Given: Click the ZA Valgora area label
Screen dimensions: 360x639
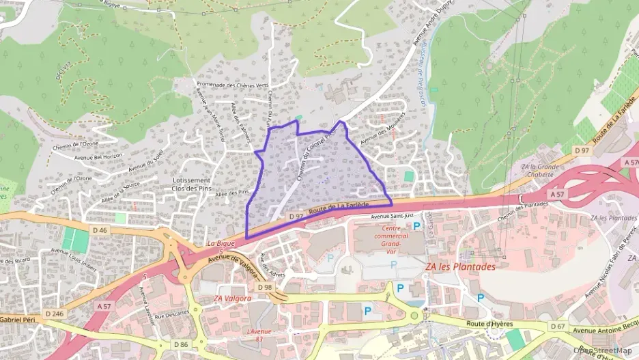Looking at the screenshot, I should pos(232,299).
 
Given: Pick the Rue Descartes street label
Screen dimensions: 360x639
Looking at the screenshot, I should pos(171,316).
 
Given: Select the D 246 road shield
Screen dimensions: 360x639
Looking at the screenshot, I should pos(54,313).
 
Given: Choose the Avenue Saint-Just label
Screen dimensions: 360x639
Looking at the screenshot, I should pos(393,217).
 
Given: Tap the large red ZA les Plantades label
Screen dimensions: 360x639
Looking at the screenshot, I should pos(460,267).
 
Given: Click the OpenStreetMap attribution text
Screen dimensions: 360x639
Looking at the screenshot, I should pos(603,350).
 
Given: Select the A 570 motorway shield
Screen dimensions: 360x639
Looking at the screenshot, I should pos(631,163).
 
